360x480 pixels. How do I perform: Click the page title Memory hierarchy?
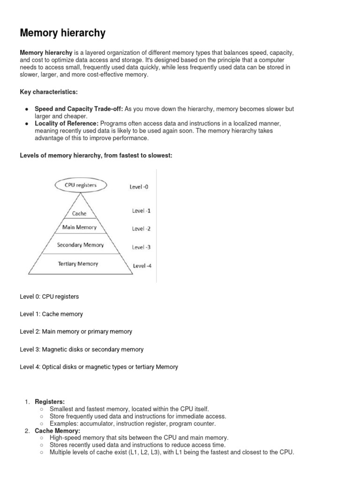(62, 33)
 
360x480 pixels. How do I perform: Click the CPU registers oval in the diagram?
(80, 185)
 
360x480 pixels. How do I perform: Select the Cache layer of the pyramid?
(79, 214)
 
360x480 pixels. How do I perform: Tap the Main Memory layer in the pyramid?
(79, 227)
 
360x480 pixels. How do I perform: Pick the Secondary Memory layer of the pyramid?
(80, 245)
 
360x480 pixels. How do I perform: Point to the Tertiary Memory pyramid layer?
(78, 264)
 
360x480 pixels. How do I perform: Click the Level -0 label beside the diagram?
(139, 187)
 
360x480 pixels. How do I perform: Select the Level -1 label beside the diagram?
(141, 211)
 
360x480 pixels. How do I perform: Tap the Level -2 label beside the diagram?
(141, 229)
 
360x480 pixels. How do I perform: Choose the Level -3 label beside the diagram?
(141, 247)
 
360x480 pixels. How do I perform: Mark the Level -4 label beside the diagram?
(142, 266)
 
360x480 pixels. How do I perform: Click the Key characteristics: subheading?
(48, 91)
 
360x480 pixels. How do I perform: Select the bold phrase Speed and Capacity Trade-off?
(79, 109)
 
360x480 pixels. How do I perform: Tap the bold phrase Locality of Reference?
(68, 123)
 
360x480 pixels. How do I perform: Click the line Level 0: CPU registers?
(49, 297)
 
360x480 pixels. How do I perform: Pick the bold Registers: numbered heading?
(50, 402)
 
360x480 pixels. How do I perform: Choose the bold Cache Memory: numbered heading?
(58, 431)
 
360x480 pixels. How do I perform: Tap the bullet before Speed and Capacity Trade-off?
(26, 109)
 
